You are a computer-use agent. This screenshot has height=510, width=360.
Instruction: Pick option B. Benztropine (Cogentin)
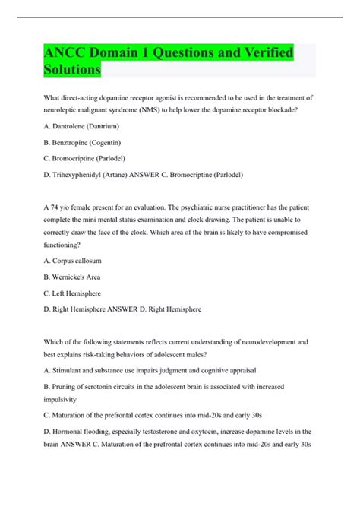coord(83,142)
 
